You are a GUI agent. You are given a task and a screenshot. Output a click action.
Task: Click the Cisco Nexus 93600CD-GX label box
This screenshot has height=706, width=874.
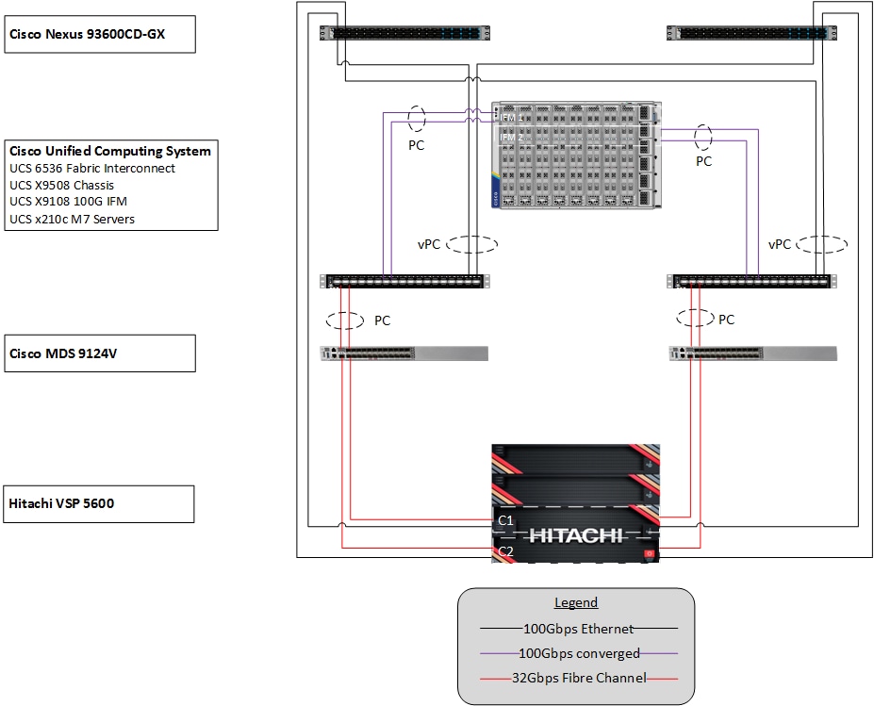pyautogui.click(x=100, y=34)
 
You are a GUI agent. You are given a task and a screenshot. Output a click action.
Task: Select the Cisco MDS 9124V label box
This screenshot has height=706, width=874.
pyautogui.click(x=100, y=353)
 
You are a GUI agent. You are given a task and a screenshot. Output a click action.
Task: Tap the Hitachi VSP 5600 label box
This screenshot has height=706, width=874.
pyautogui.click(x=100, y=503)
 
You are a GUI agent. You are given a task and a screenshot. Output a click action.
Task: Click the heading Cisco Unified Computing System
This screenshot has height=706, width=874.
pyautogui.click(x=110, y=151)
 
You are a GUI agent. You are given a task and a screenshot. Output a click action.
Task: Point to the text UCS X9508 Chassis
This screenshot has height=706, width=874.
pyautogui.click(x=61, y=185)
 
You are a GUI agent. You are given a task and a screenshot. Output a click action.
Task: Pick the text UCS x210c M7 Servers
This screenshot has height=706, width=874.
pyautogui.click(x=72, y=219)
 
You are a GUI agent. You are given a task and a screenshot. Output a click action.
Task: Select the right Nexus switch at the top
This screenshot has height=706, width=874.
pyautogui.click(x=750, y=32)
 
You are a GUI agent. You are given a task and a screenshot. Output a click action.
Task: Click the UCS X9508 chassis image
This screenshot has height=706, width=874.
pyautogui.click(x=575, y=155)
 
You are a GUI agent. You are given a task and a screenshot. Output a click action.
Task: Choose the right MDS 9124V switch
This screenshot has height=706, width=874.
pyautogui.click(x=752, y=354)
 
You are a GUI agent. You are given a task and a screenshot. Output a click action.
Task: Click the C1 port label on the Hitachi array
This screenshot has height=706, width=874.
pyautogui.click(x=505, y=519)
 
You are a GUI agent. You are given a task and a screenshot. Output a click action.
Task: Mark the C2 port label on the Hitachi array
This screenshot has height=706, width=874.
pyautogui.click(x=505, y=550)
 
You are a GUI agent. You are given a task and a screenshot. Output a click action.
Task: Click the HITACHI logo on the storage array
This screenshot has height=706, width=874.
pyautogui.click(x=575, y=535)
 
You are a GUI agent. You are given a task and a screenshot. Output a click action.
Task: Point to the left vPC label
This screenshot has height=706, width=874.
pyautogui.click(x=429, y=244)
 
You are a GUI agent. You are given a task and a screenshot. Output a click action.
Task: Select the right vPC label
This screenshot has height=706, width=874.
pyautogui.click(x=780, y=244)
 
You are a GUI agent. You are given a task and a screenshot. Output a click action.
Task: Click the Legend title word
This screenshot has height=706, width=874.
pyautogui.click(x=575, y=603)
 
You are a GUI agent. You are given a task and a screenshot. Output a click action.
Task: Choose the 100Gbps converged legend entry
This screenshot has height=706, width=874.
pyautogui.click(x=579, y=653)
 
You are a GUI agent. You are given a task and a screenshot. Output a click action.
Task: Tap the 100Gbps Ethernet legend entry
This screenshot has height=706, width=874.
pyautogui.click(x=579, y=629)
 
